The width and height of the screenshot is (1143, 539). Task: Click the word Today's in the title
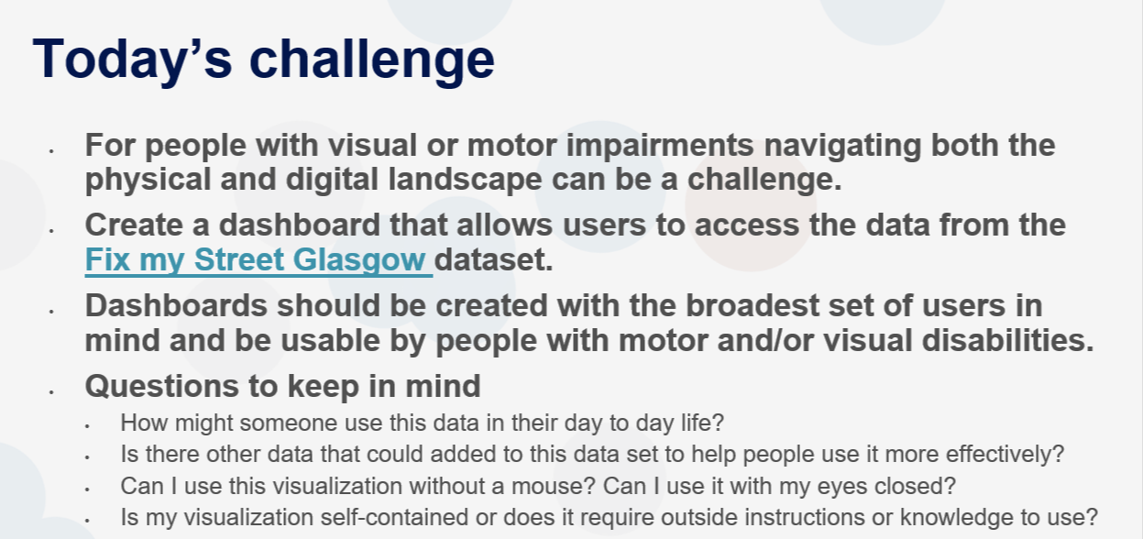tap(133, 60)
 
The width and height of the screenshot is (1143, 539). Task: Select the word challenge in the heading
tap(372, 60)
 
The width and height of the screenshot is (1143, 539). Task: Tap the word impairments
tap(660, 146)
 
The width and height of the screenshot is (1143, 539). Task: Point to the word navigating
tap(842, 146)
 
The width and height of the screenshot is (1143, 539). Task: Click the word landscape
tap(465, 180)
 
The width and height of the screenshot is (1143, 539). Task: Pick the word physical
tap(148, 180)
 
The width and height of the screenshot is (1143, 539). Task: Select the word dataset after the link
tap(493, 259)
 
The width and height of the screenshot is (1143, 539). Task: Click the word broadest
tap(763, 306)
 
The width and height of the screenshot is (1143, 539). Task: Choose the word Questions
tap(161, 386)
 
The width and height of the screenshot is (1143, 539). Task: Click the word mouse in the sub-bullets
tap(553, 486)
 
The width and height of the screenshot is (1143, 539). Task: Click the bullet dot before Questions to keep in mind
tap(51, 391)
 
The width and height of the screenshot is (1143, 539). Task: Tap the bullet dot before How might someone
tap(87, 426)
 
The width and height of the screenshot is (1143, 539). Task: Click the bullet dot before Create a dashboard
tap(51, 231)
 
